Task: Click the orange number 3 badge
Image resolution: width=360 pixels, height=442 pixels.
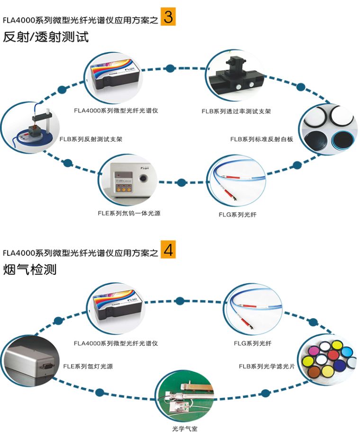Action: tap(168, 17)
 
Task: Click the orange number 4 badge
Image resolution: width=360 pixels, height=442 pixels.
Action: tap(168, 250)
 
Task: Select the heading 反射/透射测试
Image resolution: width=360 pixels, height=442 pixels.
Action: tap(46, 37)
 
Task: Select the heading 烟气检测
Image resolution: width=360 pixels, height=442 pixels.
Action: tap(30, 270)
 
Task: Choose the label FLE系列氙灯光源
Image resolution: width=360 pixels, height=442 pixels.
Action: tap(88, 366)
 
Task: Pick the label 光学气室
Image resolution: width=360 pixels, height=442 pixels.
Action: tap(184, 429)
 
